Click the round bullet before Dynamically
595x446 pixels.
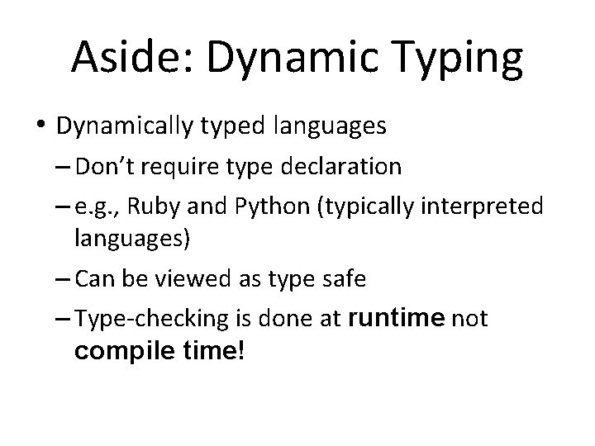point(41,126)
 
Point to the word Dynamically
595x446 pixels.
point(124,127)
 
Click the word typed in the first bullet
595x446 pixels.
point(229,127)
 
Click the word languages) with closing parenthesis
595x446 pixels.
point(133,240)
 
